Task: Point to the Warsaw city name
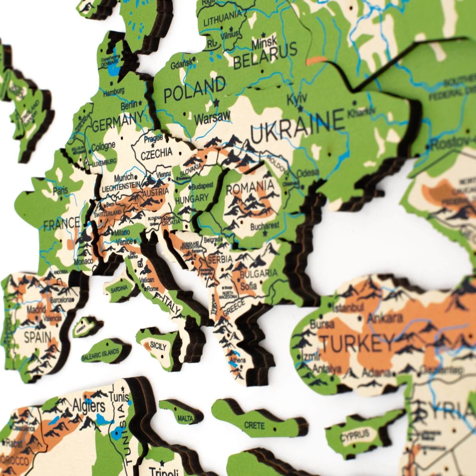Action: (212, 117)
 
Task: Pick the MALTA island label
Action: (185, 419)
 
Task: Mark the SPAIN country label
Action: (37, 338)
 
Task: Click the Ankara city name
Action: (381, 319)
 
